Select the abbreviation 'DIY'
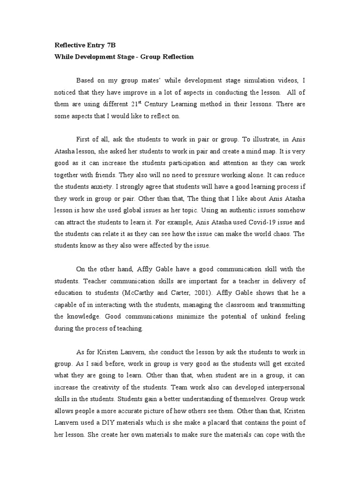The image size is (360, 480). point(110,422)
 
